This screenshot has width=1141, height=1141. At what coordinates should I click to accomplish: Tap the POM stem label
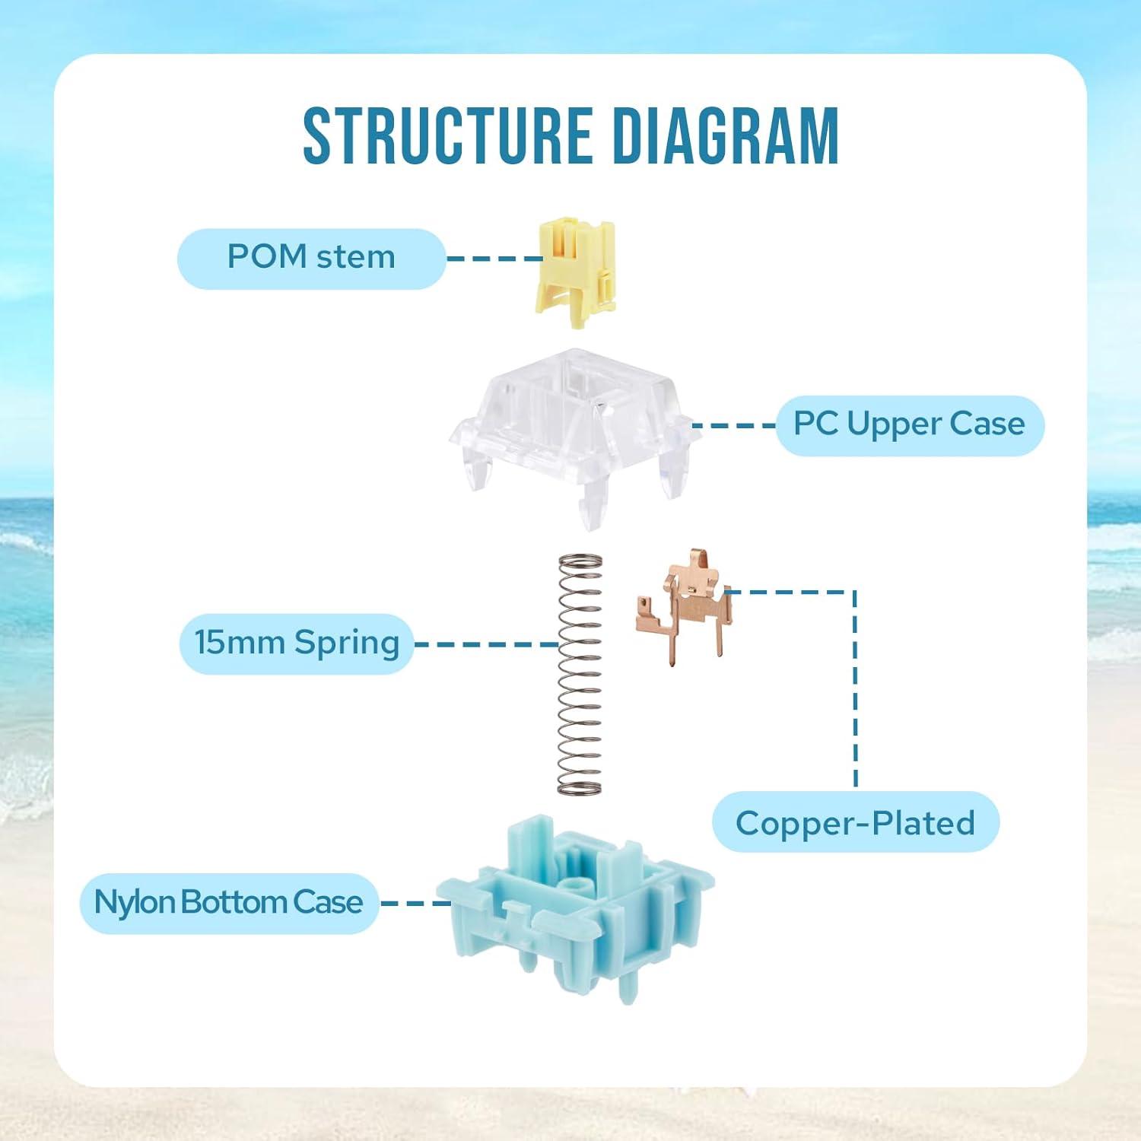coord(311,257)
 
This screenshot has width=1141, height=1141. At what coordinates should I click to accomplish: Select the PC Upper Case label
coord(909,424)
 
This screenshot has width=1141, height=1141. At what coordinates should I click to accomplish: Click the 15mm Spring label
coord(297,643)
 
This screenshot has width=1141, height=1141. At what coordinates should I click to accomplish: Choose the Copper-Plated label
coord(855,823)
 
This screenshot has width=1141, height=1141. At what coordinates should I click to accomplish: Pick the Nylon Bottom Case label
coord(228,902)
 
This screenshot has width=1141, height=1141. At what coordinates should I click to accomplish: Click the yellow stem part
coord(575,270)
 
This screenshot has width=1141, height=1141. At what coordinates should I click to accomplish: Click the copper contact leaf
coord(683,605)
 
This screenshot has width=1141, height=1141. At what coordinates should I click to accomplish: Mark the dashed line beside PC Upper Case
coord(734,424)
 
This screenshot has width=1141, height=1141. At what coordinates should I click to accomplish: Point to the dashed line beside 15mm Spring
coord(485,644)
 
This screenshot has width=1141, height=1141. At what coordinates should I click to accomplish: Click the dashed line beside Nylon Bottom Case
coord(415,903)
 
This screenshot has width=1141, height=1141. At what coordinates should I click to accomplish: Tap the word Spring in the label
coord(347,643)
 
